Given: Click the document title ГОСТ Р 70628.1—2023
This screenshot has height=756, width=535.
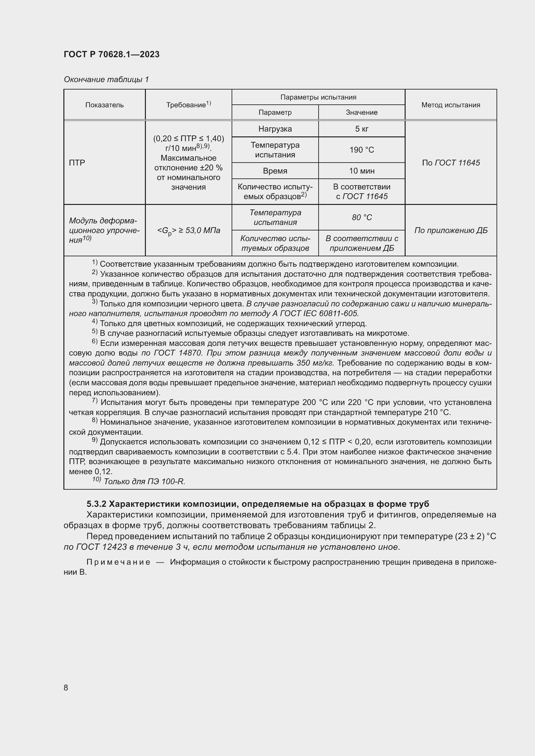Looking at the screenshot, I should (111, 54).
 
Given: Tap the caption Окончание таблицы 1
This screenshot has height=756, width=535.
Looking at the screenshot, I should (106, 80).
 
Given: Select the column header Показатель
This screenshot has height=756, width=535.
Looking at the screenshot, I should (104, 105).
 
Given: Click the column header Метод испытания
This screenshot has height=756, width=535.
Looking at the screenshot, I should (450, 105).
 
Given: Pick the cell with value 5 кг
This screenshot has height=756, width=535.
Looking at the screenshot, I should (361, 129).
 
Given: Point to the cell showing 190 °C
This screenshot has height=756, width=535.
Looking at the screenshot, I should (361, 150).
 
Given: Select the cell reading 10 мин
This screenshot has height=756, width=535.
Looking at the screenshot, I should (361, 171).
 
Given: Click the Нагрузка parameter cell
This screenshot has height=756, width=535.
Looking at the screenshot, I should (275, 129).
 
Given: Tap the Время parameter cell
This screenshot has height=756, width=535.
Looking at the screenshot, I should (275, 171).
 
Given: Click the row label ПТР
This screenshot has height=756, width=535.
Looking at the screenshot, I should (77, 163).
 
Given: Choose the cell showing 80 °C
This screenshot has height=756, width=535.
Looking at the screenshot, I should (361, 217).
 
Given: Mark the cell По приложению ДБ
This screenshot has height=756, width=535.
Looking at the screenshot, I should (450, 230).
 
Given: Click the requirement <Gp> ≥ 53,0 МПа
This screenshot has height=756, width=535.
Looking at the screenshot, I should (189, 230).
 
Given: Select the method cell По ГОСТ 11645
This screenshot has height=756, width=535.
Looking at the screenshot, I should (450, 163).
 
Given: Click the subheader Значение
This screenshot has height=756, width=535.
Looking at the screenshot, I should (361, 112).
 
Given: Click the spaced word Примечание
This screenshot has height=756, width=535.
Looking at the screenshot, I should (118, 562).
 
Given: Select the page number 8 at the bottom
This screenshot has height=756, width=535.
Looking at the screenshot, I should (66, 687).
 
